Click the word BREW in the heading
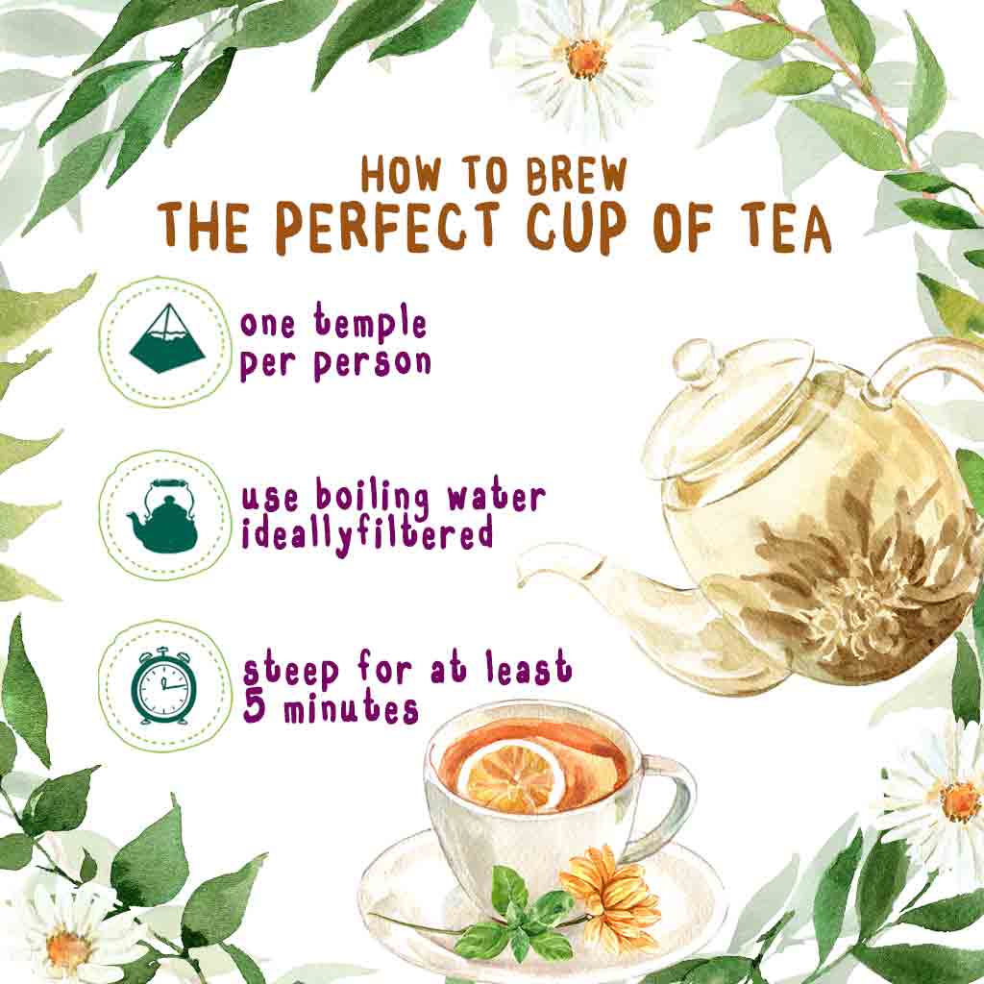[577, 175]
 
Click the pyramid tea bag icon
[167, 339]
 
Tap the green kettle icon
[162, 515]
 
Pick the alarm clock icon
[163, 686]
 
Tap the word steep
[290, 670]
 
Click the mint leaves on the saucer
[515, 911]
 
